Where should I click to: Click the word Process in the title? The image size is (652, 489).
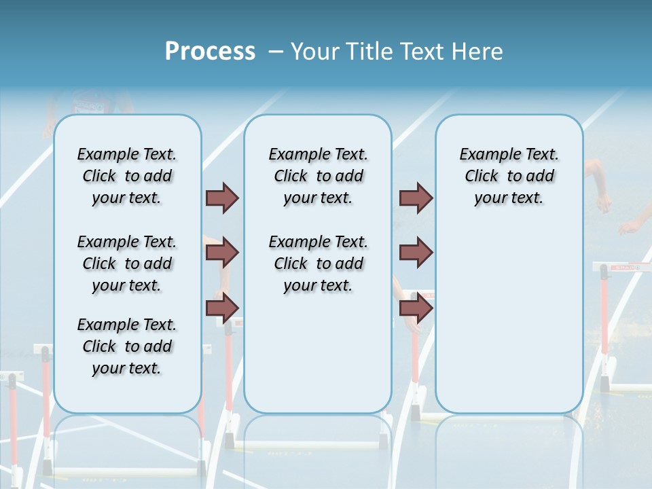210,51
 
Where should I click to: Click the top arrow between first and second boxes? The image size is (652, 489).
222,198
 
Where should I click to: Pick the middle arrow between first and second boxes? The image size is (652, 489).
222,253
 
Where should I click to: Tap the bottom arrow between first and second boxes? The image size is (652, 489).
222,308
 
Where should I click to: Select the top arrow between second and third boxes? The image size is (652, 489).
416,198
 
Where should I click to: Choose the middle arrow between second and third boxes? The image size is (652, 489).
416,253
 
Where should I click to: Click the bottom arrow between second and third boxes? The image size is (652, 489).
416,308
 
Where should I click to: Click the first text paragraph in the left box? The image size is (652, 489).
127,176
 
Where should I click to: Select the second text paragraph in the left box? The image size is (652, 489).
127,264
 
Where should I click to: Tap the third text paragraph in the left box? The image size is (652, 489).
127,346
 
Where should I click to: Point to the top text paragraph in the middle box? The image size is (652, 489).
318,176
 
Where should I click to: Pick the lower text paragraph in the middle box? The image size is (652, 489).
318,264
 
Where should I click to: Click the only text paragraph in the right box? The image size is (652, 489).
509,176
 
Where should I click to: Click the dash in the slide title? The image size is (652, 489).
276,52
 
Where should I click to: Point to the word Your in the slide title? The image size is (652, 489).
315,52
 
